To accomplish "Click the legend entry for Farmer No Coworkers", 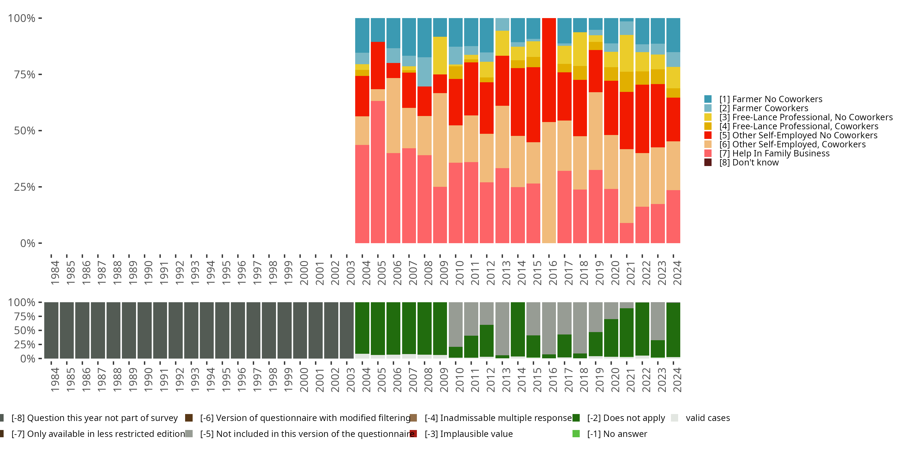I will (770, 99).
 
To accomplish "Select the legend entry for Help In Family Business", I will (774, 154).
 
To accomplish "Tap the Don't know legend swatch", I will (708, 162).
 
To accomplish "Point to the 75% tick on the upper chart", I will (25, 75).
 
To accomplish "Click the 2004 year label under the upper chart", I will (366, 273).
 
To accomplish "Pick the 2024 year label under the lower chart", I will (677, 380).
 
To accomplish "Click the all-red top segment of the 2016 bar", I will (549, 70).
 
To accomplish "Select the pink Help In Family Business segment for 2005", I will (377, 172).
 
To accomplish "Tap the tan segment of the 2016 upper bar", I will (549, 183).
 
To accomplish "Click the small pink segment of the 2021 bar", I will (626, 233).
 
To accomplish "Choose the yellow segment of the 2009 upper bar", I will (440, 55).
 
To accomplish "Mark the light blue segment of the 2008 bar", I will (424, 72).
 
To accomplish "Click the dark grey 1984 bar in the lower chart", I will (51, 330).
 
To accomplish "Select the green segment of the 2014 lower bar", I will (517, 329).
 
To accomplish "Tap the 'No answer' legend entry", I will (617, 434).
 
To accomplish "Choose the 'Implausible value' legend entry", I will (468, 434).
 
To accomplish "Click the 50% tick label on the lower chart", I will (25, 331).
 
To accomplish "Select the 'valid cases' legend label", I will (707, 418).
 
